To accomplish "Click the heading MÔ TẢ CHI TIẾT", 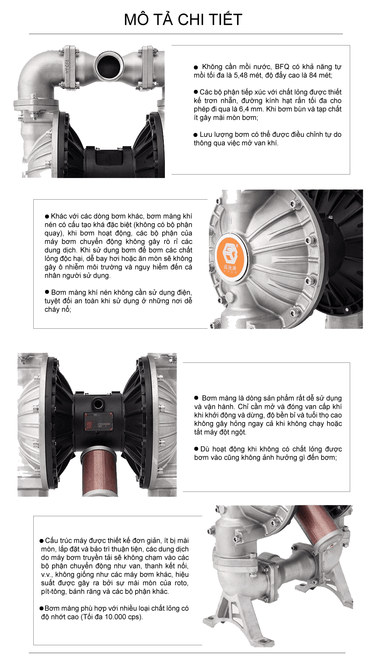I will tap(183, 20).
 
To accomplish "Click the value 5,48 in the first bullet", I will tap(242, 75).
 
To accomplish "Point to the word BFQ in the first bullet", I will tap(282, 67).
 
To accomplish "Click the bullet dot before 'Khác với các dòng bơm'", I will tap(47, 216).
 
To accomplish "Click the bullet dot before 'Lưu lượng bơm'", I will tap(196, 135).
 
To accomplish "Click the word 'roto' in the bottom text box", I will tap(181, 583).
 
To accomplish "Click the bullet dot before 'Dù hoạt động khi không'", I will tap(197, 449).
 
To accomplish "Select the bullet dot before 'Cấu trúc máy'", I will tap(42, 541).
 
